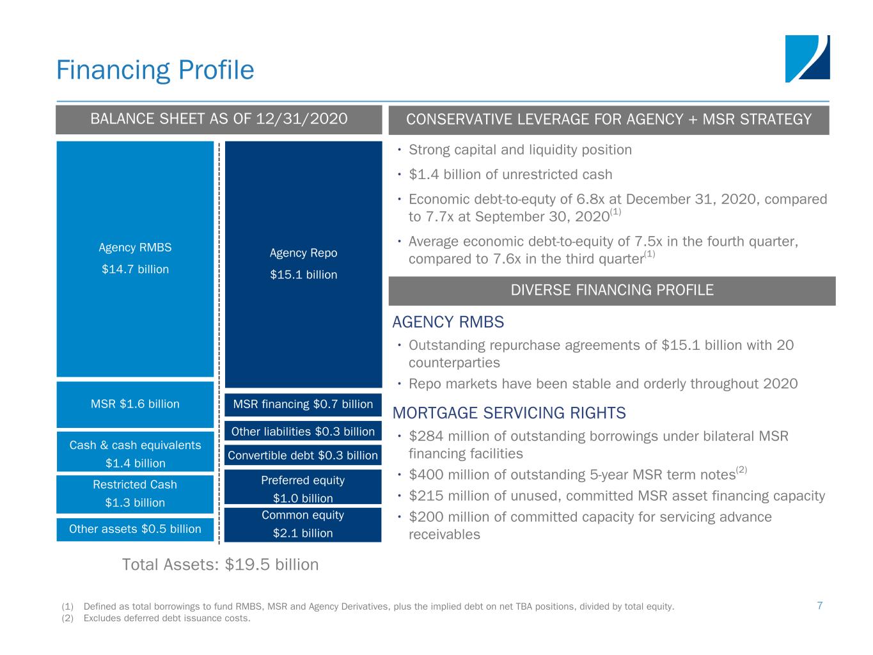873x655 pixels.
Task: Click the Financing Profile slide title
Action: click(x=155, y=70)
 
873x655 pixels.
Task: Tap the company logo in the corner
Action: click(x=807, y=59)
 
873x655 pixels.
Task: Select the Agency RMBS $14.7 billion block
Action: click(x=135, y=258)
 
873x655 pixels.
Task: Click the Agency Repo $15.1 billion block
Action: click(x=303, y=264)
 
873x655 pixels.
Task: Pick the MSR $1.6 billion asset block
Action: click(x=135, y=404)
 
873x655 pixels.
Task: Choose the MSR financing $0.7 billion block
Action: click(x=303, y=404)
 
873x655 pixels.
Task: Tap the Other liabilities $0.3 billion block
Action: click(x=303, y=431)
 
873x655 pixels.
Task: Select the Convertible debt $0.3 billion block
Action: click(x=303, y=455)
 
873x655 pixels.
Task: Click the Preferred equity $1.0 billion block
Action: click(x=303, y=489)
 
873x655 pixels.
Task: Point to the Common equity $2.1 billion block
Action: click(x=303, y=525)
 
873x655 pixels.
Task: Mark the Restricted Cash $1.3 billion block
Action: click(x=135, y=494)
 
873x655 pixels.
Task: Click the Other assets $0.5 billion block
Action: click(x=135, y=529)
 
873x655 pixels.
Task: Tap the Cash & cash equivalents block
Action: click(x=135, y=454)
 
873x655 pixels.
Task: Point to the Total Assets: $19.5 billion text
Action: click(x=220, y=565)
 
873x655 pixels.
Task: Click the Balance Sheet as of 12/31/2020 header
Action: click(x=219, y=120)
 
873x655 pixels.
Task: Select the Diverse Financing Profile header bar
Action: click(x=612, y=290)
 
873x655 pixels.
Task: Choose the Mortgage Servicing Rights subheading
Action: click(x=508, y=413)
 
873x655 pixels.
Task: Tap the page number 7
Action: click(x=819, y=606)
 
